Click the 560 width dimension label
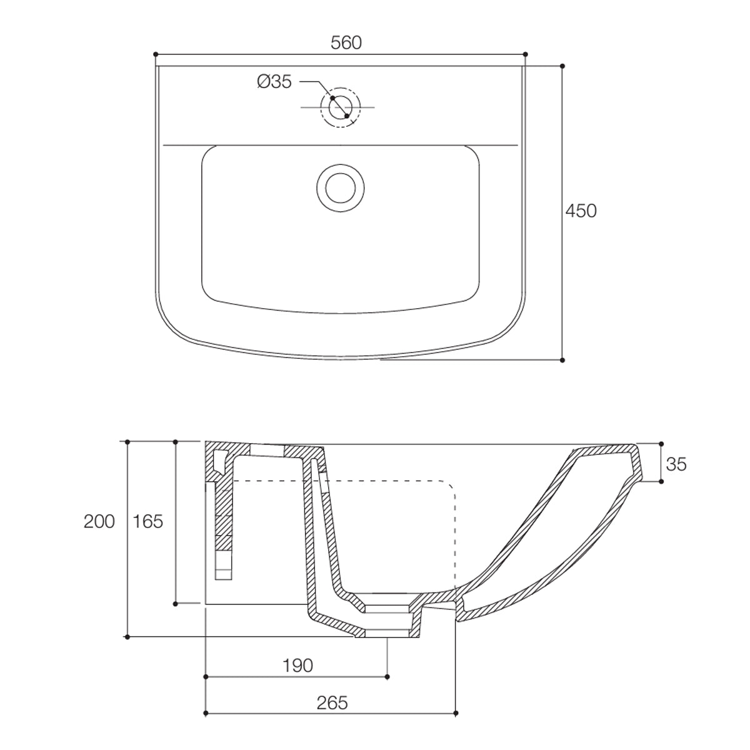346,42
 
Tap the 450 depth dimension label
581,211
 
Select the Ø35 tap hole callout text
274,82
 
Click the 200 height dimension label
99,521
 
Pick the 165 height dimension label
147,521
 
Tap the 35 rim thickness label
676,464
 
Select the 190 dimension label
297,666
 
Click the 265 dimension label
331,702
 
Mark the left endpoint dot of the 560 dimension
155,54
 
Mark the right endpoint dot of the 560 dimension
525,54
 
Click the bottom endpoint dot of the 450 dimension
562,360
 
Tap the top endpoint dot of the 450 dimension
562,66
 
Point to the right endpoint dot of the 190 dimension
387,676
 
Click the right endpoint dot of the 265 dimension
456,713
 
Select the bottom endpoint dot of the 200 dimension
127,637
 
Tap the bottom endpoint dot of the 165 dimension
176,603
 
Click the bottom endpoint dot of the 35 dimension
660,481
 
